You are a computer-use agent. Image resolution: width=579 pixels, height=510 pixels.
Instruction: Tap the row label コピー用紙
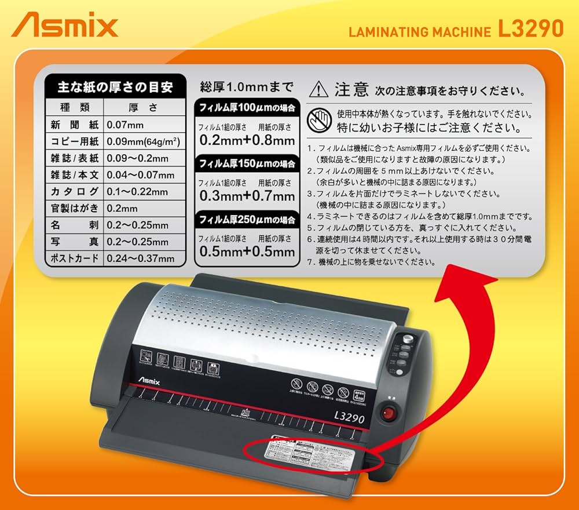tap(75, 141)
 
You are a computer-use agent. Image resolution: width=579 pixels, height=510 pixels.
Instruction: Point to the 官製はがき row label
tap(75, 208)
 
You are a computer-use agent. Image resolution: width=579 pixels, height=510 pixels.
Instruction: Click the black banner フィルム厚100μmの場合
tap(247, 108)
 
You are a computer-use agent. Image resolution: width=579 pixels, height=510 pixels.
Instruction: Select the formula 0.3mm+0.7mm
tap(247, 196)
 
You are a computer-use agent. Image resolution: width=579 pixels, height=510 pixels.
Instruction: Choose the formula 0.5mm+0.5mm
tap(247, 252)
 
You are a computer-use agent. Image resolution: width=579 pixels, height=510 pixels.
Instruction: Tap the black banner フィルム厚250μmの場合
tap(247, 220)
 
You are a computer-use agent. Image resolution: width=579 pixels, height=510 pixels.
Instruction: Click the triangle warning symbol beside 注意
tap(318, 90)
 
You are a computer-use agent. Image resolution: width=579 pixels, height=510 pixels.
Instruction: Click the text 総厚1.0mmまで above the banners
tap(247, 88)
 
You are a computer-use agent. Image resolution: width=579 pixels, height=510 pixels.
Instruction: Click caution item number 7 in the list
tap(371, 262)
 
